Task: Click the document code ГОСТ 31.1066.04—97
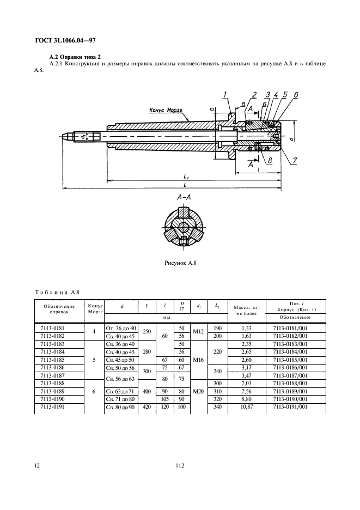65,41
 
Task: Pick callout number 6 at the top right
296,95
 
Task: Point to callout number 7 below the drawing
294,160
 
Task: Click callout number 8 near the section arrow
270,160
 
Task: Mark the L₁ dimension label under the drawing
186,177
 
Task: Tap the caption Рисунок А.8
180,263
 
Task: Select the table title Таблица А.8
57,292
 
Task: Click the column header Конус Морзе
95,308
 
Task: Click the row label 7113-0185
53,360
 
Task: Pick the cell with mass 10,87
247,406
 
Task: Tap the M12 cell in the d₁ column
198,332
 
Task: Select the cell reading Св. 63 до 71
120,391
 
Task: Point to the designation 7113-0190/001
290,399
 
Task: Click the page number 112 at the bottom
180,465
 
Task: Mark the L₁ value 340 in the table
217,406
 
